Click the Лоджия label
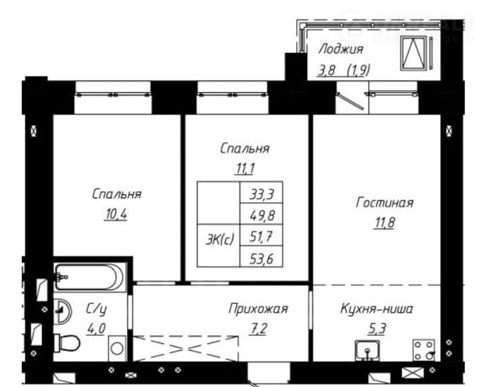(x=341, y=49)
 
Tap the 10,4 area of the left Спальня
(x=116, y=214)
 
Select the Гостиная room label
(x=385, y=203)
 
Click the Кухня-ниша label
(x=377, y=309)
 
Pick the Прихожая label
(x=258, y=309)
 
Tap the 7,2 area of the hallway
(x=258, y=329)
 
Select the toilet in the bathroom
(x=67, y=343)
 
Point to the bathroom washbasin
(x=63, y=311)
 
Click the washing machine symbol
(x=117, y=348)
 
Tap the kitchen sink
(x=368, y=350)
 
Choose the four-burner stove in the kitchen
(x=423, y=350)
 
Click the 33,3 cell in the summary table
(x=261, y=194)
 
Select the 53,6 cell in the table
(x=261, y=258)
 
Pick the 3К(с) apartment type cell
(x=220, y=240)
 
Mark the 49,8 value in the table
(x=261, y=214)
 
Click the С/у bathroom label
(x=96, y=309)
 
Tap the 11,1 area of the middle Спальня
(x=245, y=168)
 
